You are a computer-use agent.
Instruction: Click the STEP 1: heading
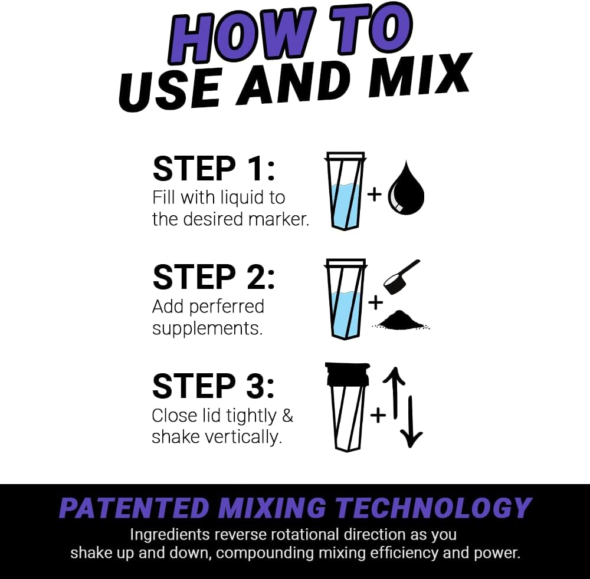214,169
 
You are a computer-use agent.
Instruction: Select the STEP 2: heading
214,277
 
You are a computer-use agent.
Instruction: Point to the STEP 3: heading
214,386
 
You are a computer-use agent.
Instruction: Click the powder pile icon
401,321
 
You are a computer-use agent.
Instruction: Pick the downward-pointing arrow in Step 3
411,422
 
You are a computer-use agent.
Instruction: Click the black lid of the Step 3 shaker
346,374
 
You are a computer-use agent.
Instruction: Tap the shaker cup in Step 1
346,192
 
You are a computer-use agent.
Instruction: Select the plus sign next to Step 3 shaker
378,415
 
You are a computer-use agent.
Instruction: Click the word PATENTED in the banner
134,508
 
